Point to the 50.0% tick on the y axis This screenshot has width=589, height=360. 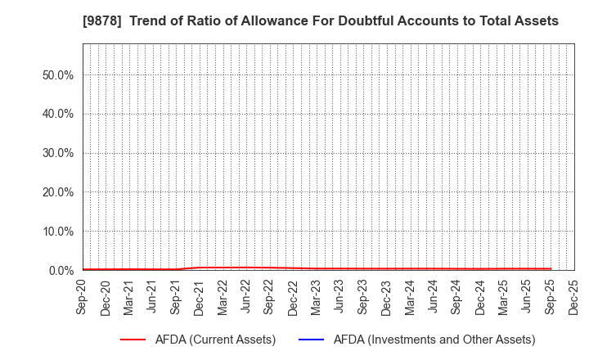click(56, 74)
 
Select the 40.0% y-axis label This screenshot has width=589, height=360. click(56, 114)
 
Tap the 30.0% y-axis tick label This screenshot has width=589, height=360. click(56, 153)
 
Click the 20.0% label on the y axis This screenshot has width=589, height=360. click(56, 192)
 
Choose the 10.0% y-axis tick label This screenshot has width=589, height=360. click(56, 232)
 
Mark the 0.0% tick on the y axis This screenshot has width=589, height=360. click(60, 271)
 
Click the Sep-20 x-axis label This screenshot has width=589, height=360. click(82, 297)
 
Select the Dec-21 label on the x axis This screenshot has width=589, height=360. click(199, 297)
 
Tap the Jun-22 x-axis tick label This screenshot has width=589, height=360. click(245, 297)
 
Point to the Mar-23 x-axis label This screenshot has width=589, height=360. click(316, 297)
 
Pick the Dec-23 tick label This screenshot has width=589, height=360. click(386, 297)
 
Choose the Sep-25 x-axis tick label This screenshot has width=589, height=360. click(551, 297)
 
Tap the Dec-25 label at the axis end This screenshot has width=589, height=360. click(573, 297)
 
